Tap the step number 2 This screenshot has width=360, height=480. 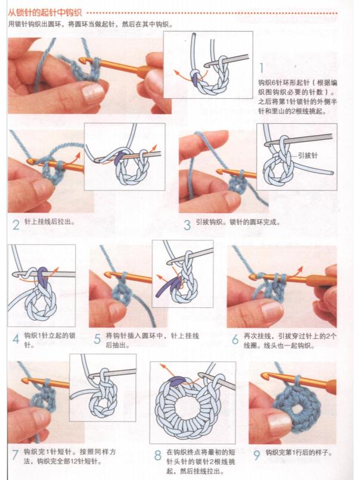click(x=16, y=225)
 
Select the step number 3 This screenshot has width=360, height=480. click(x=187, y=225)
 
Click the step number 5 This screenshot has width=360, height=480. click(x=97, y=339)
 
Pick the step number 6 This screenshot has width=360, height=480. click(x=235, y=339)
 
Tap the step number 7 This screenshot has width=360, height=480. click(x=15, y=455)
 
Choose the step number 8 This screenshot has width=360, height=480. click(x=157, y=456)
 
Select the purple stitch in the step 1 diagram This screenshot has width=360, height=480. click(x=195, y=73)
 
